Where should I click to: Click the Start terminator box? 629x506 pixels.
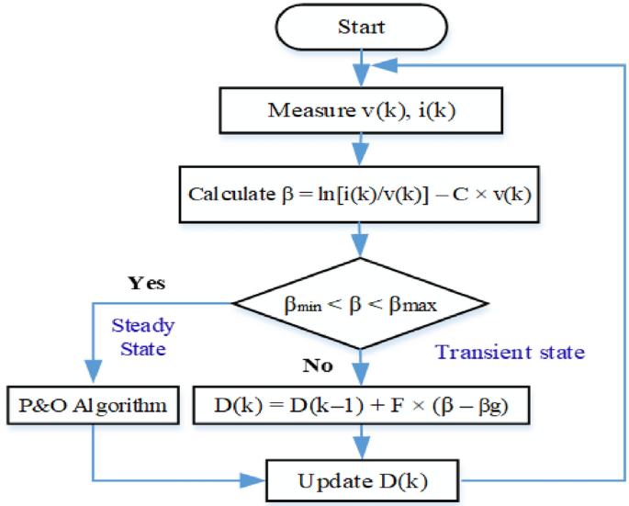(361, 28)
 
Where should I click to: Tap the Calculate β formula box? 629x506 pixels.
(360, 195)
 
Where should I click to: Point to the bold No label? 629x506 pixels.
(317, 365)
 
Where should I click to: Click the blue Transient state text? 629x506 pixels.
(510, 352)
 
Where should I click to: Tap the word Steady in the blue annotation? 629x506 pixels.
(142, 325)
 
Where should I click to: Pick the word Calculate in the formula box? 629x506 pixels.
(223, 195)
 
